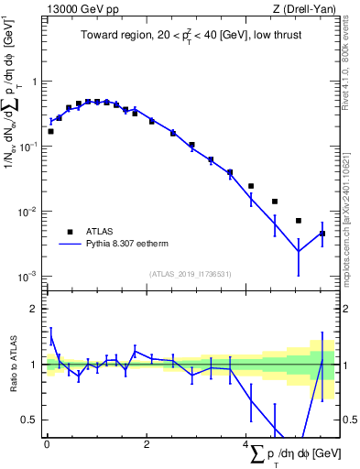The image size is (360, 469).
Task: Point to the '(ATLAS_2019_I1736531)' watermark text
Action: point(191,273)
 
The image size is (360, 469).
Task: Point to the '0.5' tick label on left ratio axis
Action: point(32,420)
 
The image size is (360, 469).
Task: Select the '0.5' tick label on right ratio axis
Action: point(349,420)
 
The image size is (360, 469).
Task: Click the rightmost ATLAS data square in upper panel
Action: point(322,234)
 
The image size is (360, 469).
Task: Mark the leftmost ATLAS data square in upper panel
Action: point(50,131)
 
